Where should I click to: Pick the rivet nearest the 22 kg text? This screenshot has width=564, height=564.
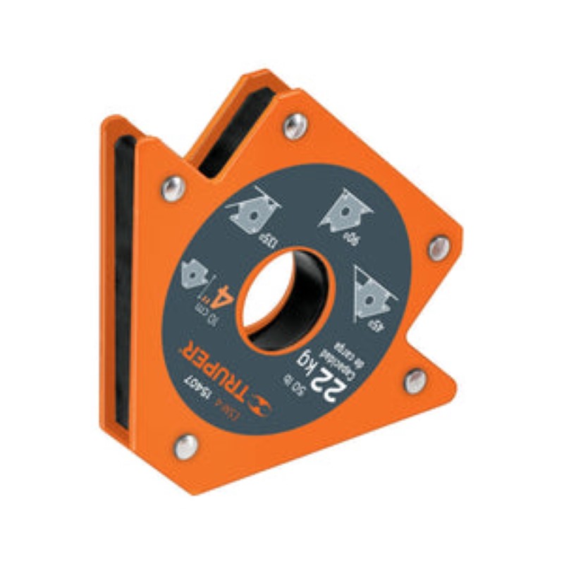(415, 381)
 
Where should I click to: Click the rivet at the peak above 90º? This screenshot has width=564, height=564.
(295, 127)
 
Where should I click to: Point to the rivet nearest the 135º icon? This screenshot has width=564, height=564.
(171, 187)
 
